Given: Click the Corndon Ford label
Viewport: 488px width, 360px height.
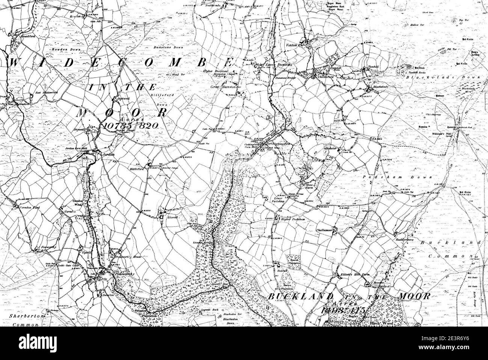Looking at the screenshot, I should (x=27, y=207).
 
